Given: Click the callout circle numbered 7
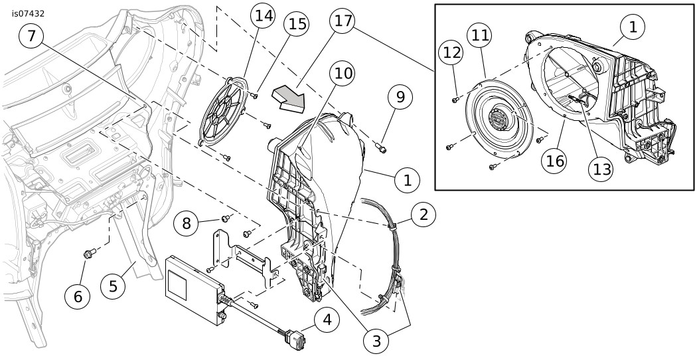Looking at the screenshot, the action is pos(32,36).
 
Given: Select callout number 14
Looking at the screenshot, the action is pos(264,16).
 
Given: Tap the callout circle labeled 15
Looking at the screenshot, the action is pos(297,24).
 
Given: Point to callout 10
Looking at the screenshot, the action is pos(343,74).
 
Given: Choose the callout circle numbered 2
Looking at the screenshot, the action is pos(424,215).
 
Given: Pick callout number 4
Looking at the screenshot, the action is pos(327,320).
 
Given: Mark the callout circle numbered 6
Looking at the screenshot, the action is pos(78,296).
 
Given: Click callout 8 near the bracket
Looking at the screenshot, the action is pos(187,223).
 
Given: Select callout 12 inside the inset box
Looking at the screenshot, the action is pos(451,53).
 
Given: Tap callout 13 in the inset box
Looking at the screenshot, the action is pos(600,169).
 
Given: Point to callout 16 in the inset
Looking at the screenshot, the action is pos(554,161).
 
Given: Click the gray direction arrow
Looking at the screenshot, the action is pos(289,99).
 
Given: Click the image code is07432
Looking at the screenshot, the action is pos(28,14).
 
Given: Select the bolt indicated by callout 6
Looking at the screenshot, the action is pos(90,253).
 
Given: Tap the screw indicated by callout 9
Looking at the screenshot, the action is pos(381,147).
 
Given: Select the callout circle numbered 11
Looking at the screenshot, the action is pos(480,35).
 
